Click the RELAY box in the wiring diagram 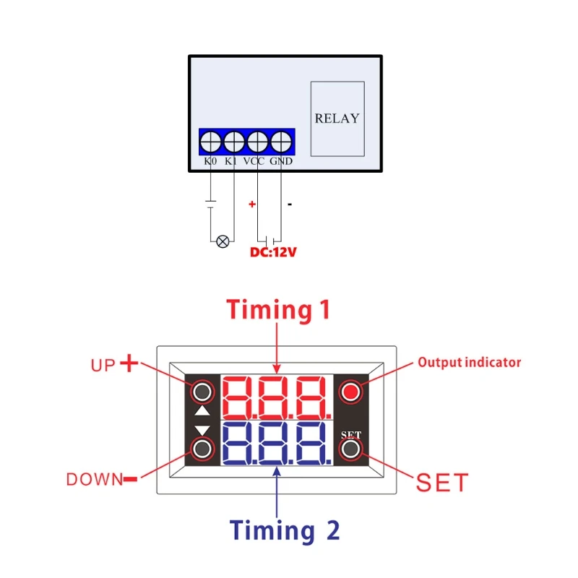coord(337,118)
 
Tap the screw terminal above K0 coord(211,140)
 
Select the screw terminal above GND coord(280,140)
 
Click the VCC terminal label coord(254,161)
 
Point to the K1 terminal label coord(231,161)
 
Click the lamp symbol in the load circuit coord(223,241)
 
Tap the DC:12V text coord(274,253)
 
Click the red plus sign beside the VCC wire coord(252,204)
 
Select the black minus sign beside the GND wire coord(290,204)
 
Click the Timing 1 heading coord(278,309)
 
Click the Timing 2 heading coord(285,531)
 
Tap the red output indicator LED coord(351,392)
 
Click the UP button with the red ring coord(203,392)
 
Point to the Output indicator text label coord(470,363)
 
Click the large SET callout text coord(442,483)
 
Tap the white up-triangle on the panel coord(203,412)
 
